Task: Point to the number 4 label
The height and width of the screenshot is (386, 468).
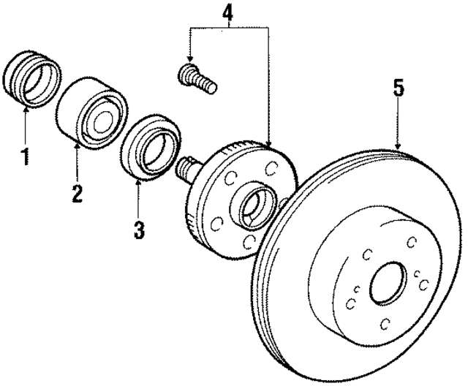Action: (x=229, y=12)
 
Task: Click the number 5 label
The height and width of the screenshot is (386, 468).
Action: (x=398, y=89)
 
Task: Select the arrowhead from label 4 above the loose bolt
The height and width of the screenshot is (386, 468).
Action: (x=190, y=61)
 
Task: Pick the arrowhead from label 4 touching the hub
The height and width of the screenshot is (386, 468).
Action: (x=268, y=145)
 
